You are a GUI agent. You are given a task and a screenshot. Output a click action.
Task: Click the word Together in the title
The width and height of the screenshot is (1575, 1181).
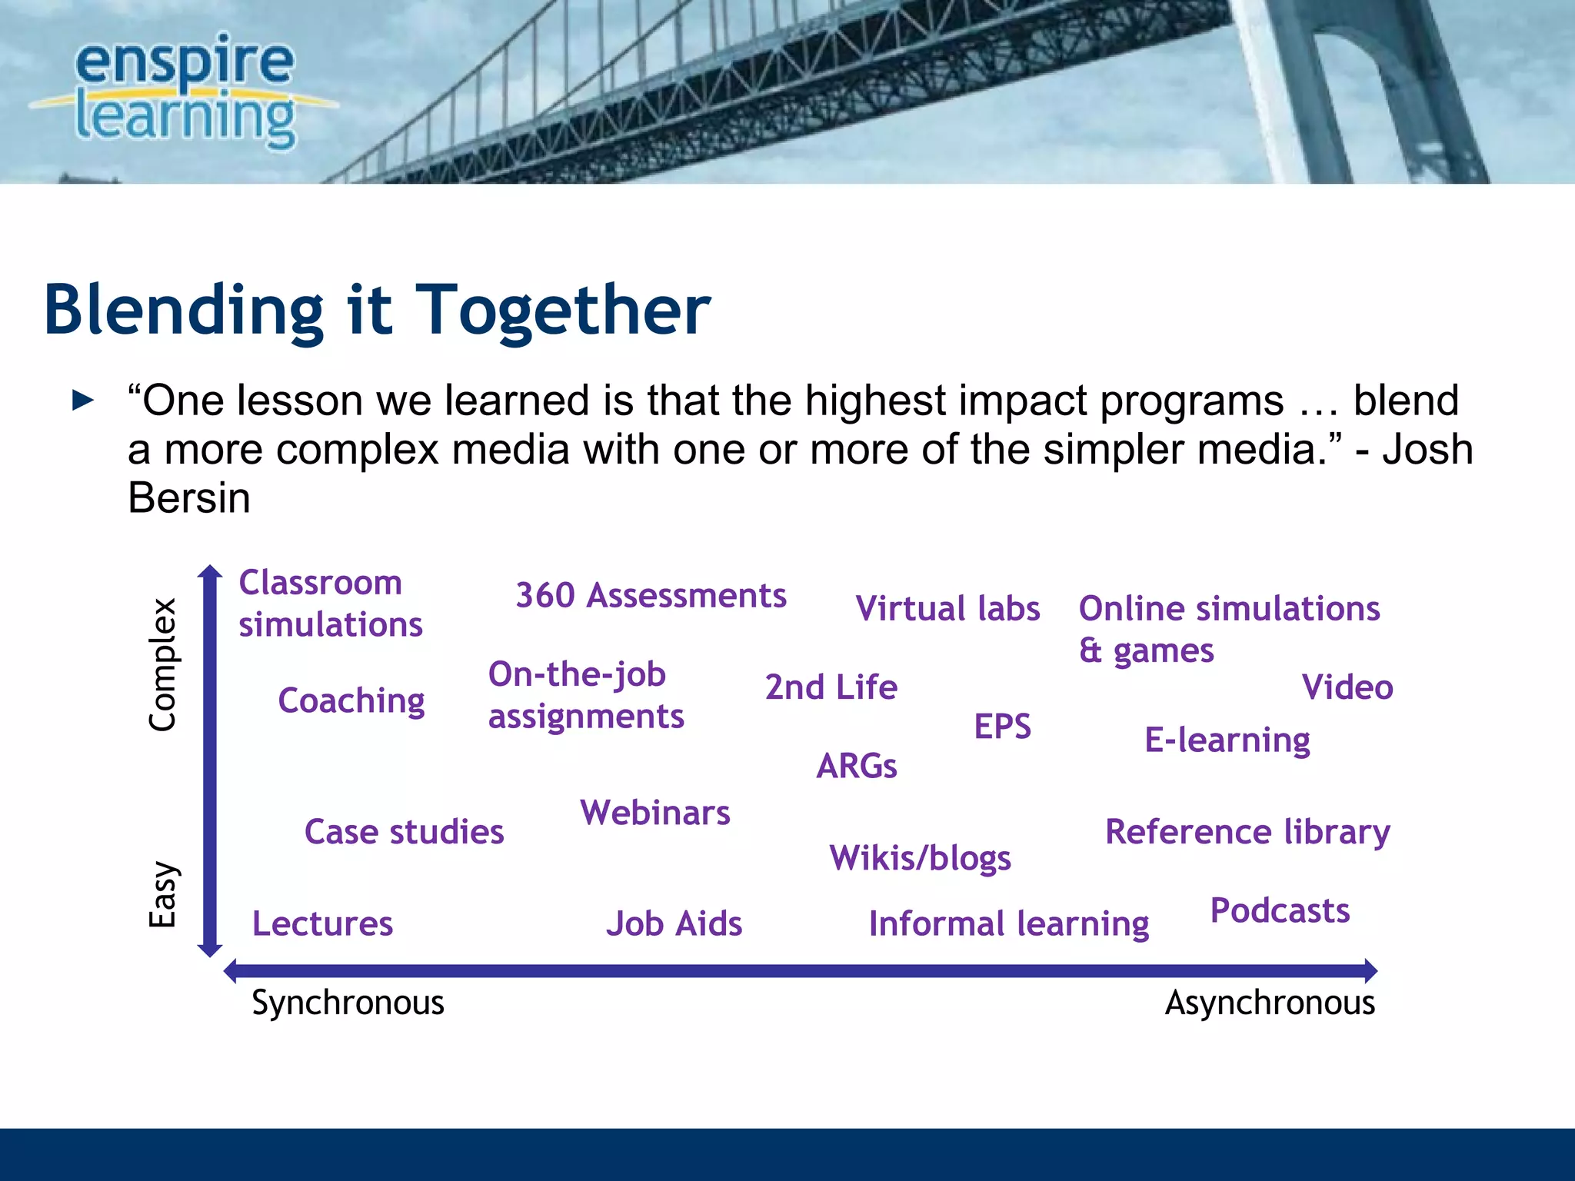pos(563,310)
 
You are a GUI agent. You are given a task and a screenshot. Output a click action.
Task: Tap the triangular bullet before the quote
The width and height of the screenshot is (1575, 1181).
pos(82,400)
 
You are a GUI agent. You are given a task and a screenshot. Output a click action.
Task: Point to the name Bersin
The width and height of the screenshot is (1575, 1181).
pos(189,498)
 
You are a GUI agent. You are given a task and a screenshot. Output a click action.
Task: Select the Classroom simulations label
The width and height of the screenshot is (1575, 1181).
pos(331,604)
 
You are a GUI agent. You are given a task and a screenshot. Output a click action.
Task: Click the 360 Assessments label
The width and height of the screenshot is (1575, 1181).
pos(651,596)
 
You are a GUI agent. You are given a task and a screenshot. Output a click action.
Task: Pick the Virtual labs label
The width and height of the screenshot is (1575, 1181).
pos(947,609)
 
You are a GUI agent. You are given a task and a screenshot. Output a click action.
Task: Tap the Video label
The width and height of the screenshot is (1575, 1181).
pos(1347,687)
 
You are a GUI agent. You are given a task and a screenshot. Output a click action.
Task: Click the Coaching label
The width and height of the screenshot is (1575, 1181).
pos(351,700)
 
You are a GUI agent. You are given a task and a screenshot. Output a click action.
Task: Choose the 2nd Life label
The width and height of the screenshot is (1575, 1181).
pos(831,687)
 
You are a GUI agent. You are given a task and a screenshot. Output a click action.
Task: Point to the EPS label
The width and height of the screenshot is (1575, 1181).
pos(1002,727)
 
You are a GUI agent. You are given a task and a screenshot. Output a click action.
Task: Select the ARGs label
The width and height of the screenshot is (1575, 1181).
pos(857,766)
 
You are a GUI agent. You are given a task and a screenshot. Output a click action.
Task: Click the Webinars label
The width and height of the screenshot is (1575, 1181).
pos(655,813)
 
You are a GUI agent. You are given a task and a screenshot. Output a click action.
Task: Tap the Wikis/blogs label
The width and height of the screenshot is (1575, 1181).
pos(920,858)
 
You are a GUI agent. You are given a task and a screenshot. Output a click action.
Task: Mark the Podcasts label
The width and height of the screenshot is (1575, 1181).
pos(1280,911)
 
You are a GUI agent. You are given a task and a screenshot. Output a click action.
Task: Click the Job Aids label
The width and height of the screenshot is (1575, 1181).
pos(674,923)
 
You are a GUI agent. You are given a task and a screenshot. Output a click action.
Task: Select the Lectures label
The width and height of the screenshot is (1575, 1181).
pos(322,923)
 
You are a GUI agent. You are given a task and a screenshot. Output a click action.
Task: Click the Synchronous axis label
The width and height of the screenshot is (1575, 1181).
pos(348,1003)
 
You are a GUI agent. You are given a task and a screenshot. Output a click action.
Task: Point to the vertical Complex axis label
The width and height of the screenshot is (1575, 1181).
pos(163,664)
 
